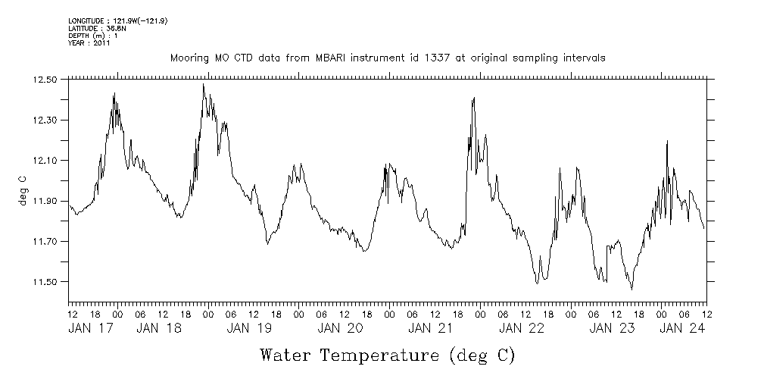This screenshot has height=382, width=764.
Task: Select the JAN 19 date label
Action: (x=249, y=328)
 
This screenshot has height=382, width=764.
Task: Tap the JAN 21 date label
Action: (x=431, y=328)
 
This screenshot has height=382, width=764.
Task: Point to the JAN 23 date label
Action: (x=612, y=328)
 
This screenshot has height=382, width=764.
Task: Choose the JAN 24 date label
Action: (x=682, y=328)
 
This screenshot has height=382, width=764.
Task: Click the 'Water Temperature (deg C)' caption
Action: (x=387, y=355)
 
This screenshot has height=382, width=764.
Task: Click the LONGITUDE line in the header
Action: (x=117, y=20)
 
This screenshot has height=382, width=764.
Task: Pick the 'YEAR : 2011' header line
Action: (x=89, y=43)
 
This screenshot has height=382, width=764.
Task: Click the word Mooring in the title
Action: (x=189, y=58)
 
